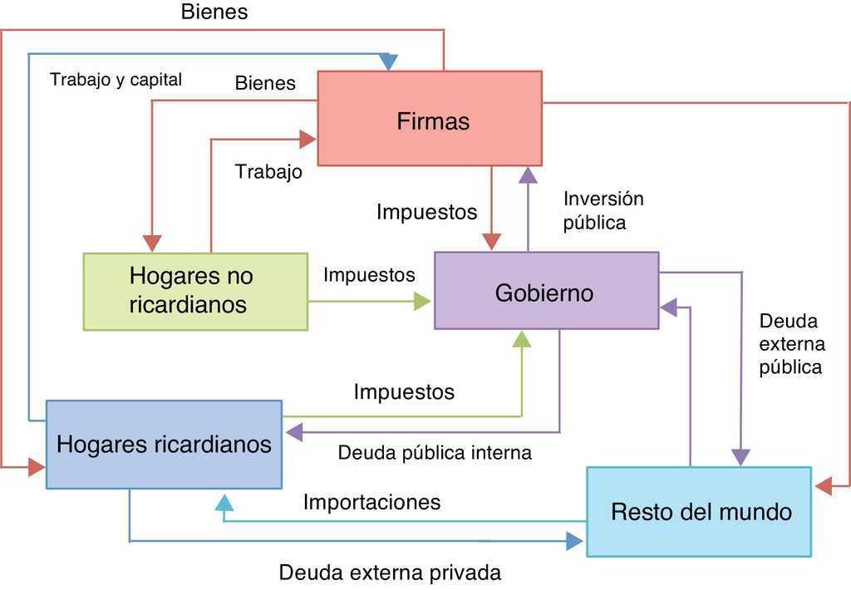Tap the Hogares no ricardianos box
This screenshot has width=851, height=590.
click(195, 291)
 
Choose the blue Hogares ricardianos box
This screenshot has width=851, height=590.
click(164, 444)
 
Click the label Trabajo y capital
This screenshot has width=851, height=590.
click(116, 80)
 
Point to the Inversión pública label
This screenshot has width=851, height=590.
click(603, 210)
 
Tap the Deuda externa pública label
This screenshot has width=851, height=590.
click(791, 344)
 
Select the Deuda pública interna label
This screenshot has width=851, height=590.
click(435, 453)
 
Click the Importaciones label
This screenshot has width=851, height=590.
click(371, 502)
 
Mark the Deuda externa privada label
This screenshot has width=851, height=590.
click(390, 573)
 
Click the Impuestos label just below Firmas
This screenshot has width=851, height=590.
click(426, 212)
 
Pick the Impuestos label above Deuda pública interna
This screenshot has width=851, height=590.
click(404, 391)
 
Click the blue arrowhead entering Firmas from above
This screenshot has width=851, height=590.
click(388, 62)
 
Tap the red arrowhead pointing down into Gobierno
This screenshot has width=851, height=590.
click(491, 241)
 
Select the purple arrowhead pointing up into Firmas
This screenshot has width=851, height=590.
click(528, 175)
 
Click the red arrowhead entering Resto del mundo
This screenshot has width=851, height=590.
click(823, 486)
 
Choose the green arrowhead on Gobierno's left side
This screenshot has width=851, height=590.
click(423, 302)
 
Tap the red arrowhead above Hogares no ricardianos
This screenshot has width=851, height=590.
click(151, 242)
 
